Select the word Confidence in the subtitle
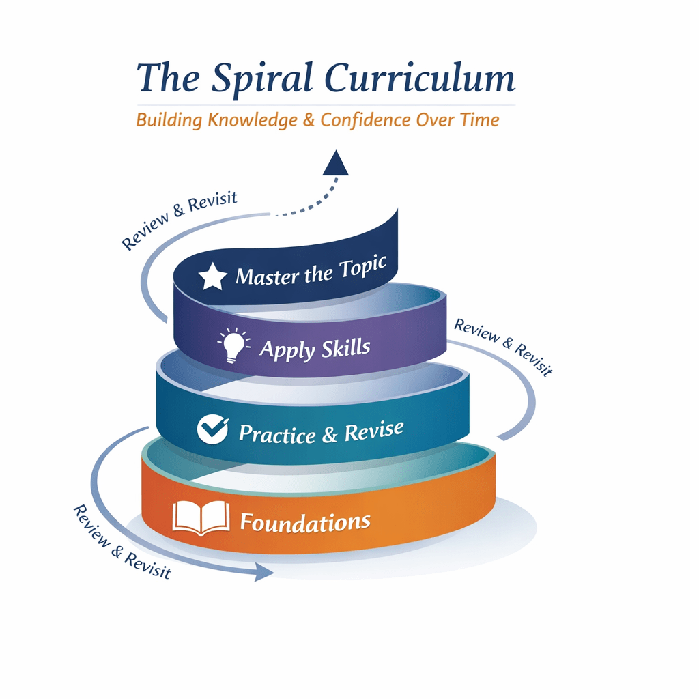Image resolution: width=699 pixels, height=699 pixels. tap(366, 120)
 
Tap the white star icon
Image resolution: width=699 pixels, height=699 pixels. tap(212, 277)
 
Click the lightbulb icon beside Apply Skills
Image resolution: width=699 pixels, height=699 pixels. tap(232, 343)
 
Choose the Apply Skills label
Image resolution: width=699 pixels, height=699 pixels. tap(315, 349)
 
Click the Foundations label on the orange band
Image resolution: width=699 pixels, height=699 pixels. tap(305, 523)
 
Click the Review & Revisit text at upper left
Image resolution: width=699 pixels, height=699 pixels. tap(178, 220)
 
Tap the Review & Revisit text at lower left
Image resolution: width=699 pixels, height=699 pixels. tap(120, 542)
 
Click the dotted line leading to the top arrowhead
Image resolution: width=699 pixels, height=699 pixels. tap(307, 208)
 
